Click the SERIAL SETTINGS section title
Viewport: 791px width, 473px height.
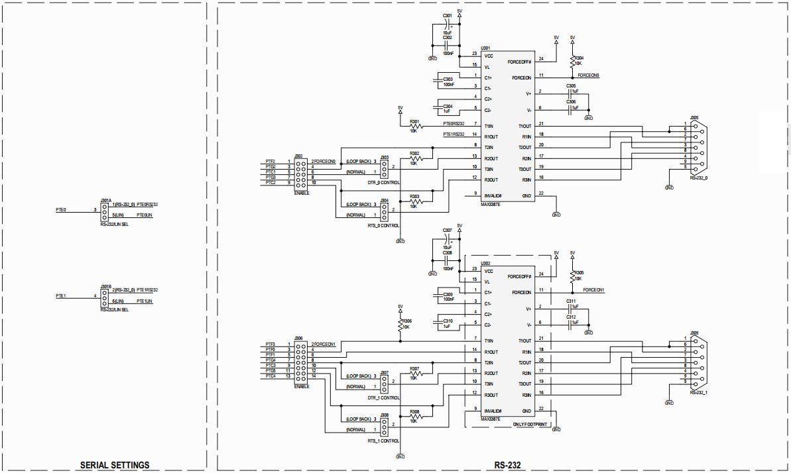point(115,465)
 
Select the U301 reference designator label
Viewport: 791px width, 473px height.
point(485,48)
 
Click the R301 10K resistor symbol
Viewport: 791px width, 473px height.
point(416,127)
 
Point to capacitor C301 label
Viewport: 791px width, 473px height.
point(448,15)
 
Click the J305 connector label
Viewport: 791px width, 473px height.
point(694,117)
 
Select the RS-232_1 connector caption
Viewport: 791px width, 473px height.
point(698,393)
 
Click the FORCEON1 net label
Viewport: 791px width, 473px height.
point(593,290)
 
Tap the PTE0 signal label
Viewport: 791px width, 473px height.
point(61,209)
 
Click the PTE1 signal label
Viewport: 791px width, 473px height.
point(61,296)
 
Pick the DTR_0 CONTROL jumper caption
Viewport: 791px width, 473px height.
point(383,182)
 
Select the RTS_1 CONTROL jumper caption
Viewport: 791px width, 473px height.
point(383,441)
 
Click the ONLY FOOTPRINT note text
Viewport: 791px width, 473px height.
point(530,425)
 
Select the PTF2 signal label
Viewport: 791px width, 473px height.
point(270,161)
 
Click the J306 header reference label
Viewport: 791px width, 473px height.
point(299,339)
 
